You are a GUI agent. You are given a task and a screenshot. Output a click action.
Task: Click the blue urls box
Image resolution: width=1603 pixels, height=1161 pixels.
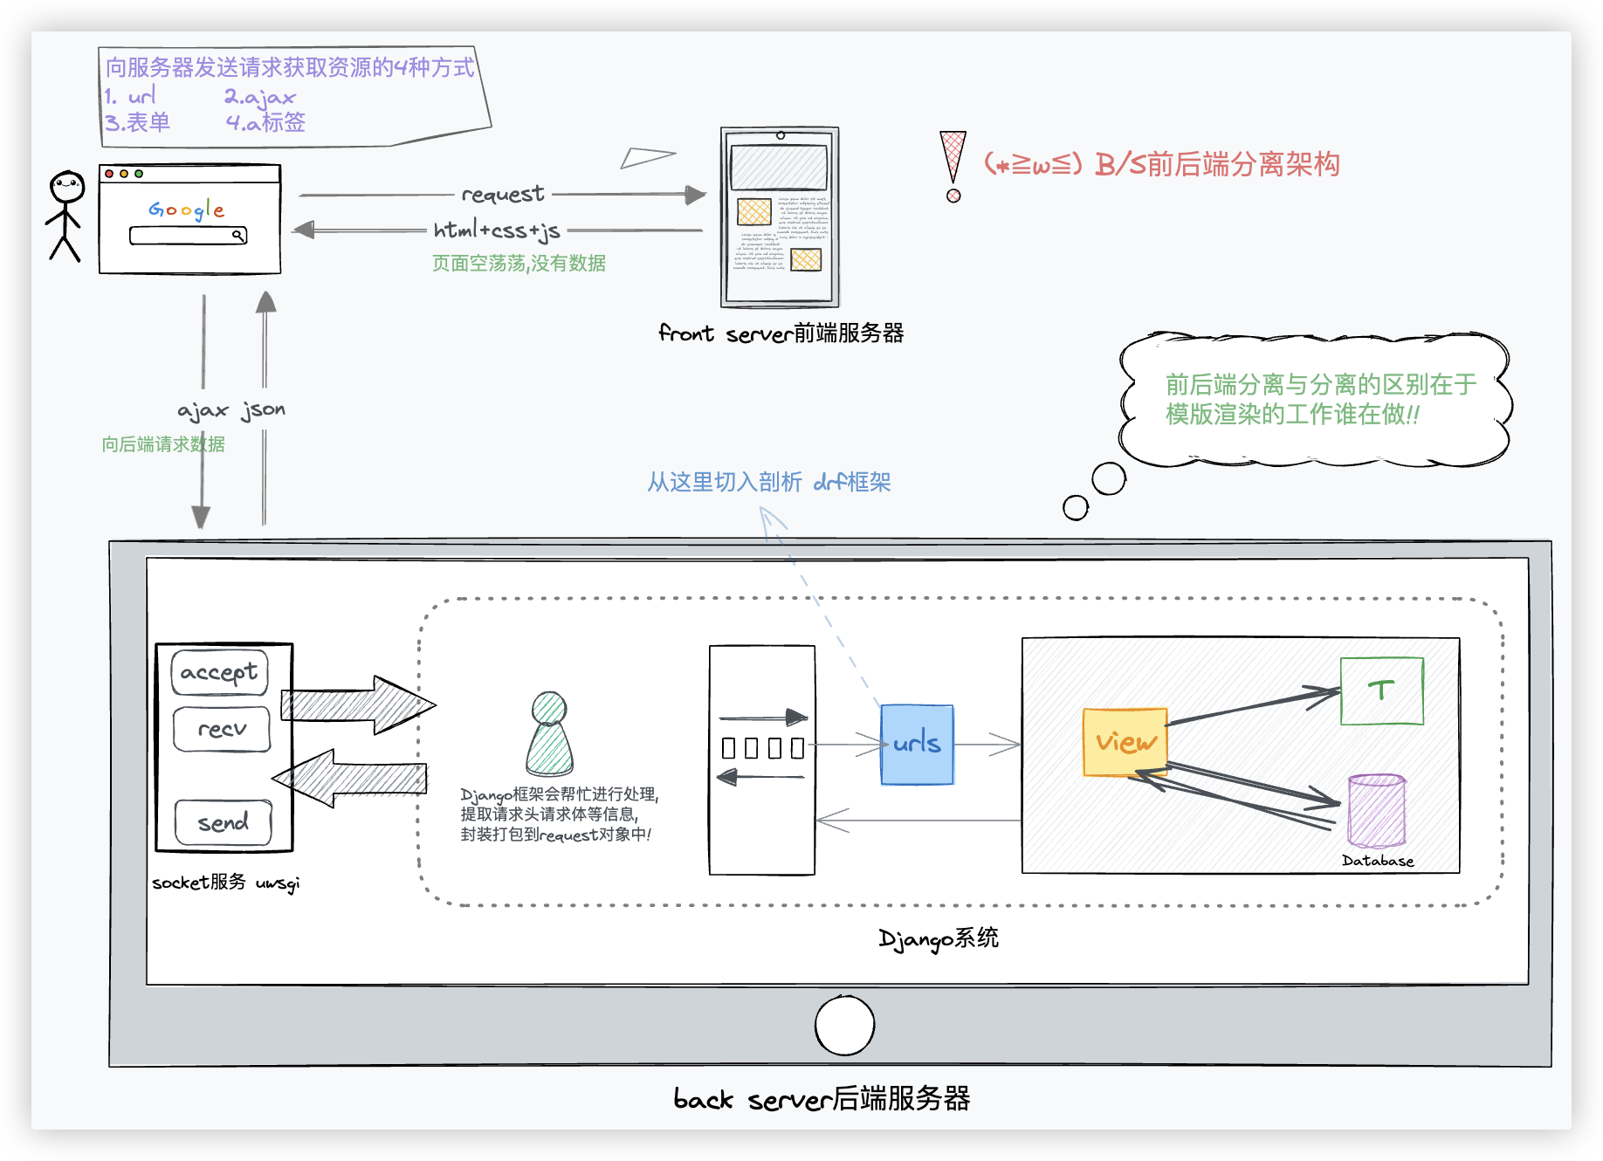917,744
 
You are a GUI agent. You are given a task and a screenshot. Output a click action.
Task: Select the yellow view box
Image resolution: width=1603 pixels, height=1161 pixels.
1125,741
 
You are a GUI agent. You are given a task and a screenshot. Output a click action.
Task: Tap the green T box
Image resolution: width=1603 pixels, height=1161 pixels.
1381,690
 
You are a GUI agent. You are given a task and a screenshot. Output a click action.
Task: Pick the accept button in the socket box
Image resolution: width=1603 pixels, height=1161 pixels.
219,672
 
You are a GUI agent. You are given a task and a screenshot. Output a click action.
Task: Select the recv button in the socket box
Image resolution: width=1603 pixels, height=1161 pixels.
222,729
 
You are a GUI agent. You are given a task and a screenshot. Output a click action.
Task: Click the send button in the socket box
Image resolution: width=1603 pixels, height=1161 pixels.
224,822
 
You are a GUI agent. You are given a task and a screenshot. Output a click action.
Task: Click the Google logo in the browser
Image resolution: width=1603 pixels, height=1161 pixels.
186,210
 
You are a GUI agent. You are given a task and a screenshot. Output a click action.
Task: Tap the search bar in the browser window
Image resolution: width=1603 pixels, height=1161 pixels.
188,236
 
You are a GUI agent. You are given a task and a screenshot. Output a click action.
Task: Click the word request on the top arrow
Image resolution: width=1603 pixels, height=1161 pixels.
502,194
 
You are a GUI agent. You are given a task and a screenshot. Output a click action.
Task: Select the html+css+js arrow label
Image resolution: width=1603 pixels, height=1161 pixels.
497,230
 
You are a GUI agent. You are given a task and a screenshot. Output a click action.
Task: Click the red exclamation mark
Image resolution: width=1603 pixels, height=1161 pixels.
953,166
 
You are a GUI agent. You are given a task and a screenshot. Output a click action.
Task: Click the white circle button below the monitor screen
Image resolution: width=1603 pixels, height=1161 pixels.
844,1025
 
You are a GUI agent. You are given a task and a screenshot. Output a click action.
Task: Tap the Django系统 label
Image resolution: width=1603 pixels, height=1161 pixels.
939,938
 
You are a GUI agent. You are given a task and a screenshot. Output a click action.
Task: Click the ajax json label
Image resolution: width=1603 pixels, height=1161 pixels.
231,410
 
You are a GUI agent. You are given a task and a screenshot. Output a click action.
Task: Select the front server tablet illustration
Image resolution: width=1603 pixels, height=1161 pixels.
780,217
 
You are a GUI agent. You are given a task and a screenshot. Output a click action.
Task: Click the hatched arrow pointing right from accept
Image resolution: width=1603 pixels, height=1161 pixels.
358,704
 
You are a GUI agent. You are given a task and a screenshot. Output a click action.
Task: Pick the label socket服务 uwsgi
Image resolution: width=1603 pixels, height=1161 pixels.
225,883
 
